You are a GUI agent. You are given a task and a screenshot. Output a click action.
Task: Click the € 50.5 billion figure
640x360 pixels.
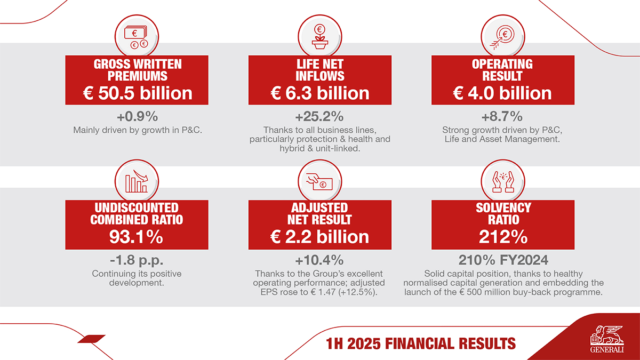coord(138,93)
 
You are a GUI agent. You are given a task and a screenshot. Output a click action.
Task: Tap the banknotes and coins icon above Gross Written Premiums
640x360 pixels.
coord(138,36)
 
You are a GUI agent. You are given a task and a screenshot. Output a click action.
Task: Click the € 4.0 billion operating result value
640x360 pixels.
coord(502,93)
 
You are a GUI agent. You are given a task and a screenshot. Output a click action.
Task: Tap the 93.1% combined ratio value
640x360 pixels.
coord(138,237)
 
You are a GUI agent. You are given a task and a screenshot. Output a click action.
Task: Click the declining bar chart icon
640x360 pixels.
coord(138,181)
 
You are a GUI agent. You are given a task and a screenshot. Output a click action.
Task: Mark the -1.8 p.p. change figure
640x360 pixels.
coord(138,261)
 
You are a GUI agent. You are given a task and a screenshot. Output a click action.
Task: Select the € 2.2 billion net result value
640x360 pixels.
coord(320,237)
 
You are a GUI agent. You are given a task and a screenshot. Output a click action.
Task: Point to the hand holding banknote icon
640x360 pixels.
coord(320,181)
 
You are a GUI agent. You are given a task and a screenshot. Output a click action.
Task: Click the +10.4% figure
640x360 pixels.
coord(320,261)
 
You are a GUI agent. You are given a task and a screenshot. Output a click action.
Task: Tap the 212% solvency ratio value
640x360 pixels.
coord(502,237)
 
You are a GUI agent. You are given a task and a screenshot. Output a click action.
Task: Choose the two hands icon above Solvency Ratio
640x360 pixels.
coord(502,181)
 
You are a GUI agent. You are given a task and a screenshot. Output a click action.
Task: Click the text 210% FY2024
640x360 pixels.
coord(502,261)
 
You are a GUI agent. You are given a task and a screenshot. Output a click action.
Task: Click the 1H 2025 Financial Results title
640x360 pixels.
coord(421,343)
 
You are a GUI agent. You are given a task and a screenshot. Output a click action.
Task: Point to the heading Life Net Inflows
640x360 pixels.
coord(320,70)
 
